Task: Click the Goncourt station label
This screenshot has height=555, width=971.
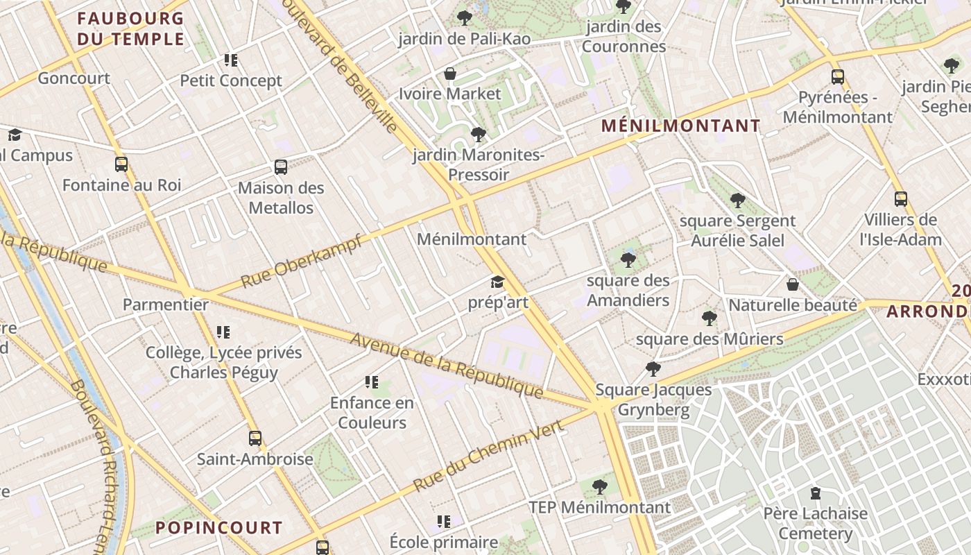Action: pos(74,78)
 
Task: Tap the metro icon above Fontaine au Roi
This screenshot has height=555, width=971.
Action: pos(121,164)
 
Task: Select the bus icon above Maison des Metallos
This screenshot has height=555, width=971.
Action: pos(281,166)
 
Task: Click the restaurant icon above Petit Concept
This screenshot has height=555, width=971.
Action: pos(231,60)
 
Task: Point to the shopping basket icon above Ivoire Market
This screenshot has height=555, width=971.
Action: pos(450,73)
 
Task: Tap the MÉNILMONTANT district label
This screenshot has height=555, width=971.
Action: pos(680,126)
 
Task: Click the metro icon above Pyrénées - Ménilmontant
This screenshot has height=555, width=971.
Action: pos(838,76)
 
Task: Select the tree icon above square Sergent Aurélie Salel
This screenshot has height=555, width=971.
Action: pos(737,200)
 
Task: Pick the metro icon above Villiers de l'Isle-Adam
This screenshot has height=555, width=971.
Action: pos(900,199)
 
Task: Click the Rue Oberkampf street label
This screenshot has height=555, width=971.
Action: pos(302,262)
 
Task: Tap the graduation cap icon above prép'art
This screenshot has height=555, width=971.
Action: pos(497,282)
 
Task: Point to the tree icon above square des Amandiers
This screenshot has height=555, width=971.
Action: pos(628,260)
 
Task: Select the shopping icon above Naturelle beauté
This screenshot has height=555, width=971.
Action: pos(793,284)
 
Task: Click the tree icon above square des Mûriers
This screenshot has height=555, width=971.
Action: pos(709,318)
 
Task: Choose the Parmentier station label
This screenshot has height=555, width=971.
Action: pos(166,305)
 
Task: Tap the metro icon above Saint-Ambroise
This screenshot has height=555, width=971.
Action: pos(255,438)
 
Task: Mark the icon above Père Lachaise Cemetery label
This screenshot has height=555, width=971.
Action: pos(816,493)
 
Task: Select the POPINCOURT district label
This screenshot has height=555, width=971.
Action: pos(218,528)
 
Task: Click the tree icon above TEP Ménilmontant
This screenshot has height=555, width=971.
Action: pos(601,486)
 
